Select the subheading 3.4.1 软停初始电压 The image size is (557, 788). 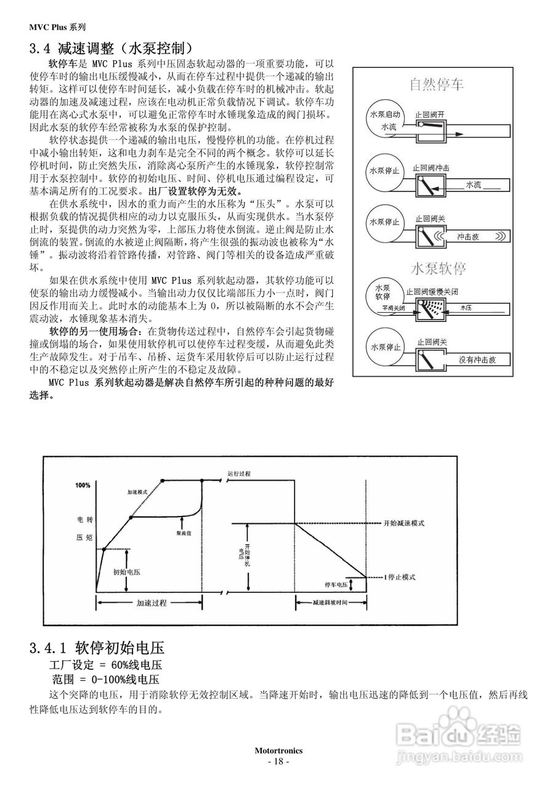point(97,648)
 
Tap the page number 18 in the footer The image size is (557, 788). point(278,761)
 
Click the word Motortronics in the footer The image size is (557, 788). point(278,750)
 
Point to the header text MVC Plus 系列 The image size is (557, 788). point(57,27)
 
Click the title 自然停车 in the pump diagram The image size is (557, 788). point(437,84)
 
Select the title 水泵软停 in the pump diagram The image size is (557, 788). point(437,269)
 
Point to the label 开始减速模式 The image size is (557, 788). point(404,523)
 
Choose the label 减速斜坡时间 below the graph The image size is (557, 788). point(330,602)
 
